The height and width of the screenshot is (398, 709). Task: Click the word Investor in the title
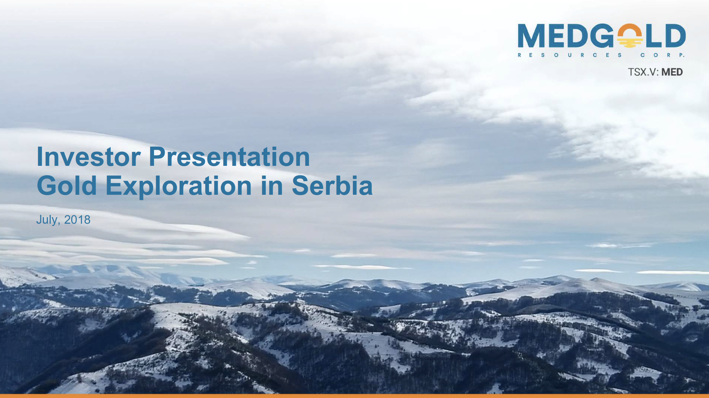coord(89,157)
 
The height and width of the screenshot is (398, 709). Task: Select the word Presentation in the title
coord(229,157)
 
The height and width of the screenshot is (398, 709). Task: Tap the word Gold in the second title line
coord(67,185)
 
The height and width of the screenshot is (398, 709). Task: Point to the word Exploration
coord(179,186)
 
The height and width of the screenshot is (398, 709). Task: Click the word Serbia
coord(332,185)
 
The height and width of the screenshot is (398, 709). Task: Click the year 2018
coord(77,220)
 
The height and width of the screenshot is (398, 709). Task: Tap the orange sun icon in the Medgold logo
coord(630,36)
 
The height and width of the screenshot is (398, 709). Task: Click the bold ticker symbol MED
coord(672,72)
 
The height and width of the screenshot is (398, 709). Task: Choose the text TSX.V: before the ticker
coord(643,72)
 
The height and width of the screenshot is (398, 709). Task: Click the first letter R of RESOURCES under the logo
coord(520,55)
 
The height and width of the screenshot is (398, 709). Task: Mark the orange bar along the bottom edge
coord(354,396)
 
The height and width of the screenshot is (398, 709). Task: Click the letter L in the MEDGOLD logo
coord(653,35)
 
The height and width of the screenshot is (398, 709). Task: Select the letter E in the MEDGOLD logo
coord(557,35)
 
